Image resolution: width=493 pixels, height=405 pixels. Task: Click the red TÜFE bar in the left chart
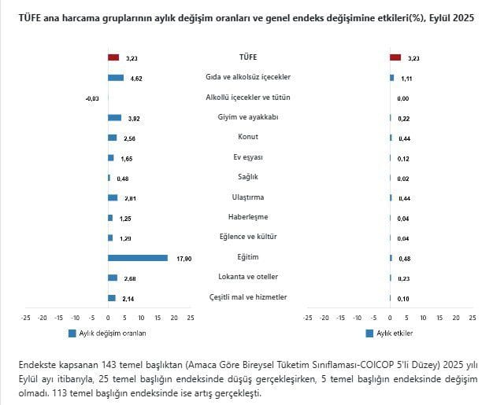click(x=113, y=57)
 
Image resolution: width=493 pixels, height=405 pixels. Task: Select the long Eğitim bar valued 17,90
click(x=138, y=257)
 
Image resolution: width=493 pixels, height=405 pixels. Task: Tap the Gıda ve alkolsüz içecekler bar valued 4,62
click(x=116, y=77)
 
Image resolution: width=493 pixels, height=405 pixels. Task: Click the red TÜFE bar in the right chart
click(x=395, y=57)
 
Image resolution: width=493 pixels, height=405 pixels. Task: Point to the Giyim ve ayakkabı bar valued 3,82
click(x=114, y=117)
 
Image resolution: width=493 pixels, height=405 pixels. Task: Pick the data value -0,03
click(x=91, y=98)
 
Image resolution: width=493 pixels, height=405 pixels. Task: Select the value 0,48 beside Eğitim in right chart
click(x=402, y=258)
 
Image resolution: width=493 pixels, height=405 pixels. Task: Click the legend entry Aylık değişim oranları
click(x=106, y=333)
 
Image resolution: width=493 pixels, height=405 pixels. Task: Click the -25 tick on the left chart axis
click(x=26, y=318)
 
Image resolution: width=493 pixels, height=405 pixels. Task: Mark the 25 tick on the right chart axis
click(x=473, y=318)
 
